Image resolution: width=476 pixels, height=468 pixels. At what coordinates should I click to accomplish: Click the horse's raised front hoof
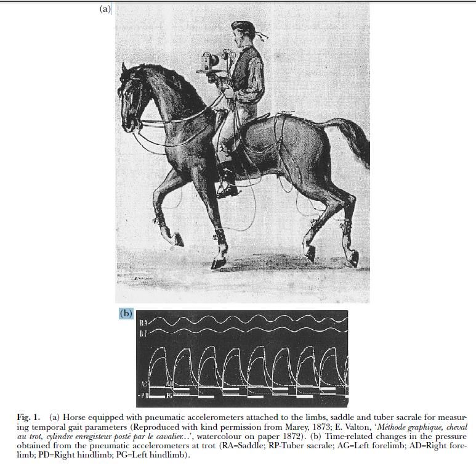tap(176, 239)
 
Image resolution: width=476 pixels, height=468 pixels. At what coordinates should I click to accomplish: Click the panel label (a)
tap(105, 9)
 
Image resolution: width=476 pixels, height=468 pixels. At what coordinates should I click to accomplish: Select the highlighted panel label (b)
tap(126, 313)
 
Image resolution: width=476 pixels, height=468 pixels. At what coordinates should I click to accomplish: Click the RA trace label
tap(143, 322)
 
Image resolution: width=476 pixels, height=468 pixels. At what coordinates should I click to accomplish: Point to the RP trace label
tap(143, 333)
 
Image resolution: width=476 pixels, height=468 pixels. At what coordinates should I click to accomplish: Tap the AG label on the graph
tap(145, 384)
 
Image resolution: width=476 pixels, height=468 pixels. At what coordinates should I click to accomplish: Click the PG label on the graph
tap(169, 393)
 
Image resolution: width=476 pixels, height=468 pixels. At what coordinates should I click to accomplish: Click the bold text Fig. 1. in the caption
tap(28, 418)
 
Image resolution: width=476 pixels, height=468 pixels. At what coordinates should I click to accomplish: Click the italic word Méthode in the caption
tap(393, 427)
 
